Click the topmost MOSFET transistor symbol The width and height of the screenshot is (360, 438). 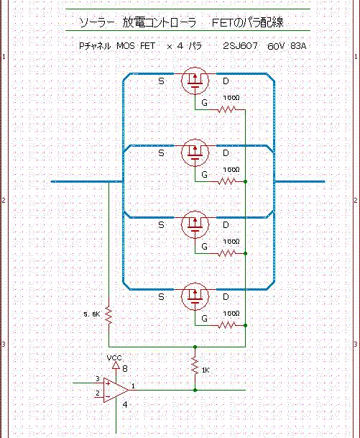195,81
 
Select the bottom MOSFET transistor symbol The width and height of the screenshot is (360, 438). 195,296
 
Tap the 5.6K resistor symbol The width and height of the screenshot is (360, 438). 109,316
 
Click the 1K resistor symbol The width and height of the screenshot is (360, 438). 195,366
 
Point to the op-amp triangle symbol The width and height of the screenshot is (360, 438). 116,390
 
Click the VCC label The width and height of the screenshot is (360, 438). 114,357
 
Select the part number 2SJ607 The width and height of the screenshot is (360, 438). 240,45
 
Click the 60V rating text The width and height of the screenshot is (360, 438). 275,46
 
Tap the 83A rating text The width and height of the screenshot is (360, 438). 298,46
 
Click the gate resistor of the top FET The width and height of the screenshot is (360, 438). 226,109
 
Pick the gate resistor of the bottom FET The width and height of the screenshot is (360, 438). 226,325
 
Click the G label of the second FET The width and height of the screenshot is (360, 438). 204,175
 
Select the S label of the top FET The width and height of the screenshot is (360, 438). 161,81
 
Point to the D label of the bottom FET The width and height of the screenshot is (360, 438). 226,296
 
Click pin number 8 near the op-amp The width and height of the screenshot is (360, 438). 125,369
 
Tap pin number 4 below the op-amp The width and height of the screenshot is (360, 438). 125,404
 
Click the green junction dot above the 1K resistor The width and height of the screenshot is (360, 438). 195,347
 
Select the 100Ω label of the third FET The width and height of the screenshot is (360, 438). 231,241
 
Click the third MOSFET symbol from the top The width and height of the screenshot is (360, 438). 195,224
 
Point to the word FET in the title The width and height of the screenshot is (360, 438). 222,22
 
